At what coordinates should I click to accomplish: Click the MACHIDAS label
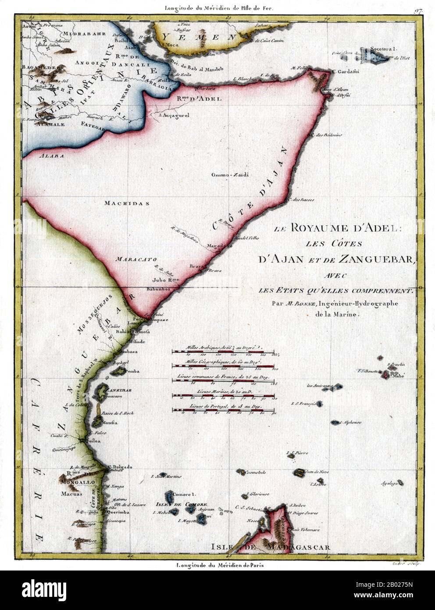[x=127, y=203]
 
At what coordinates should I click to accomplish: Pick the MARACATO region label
[x=130, y=259]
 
